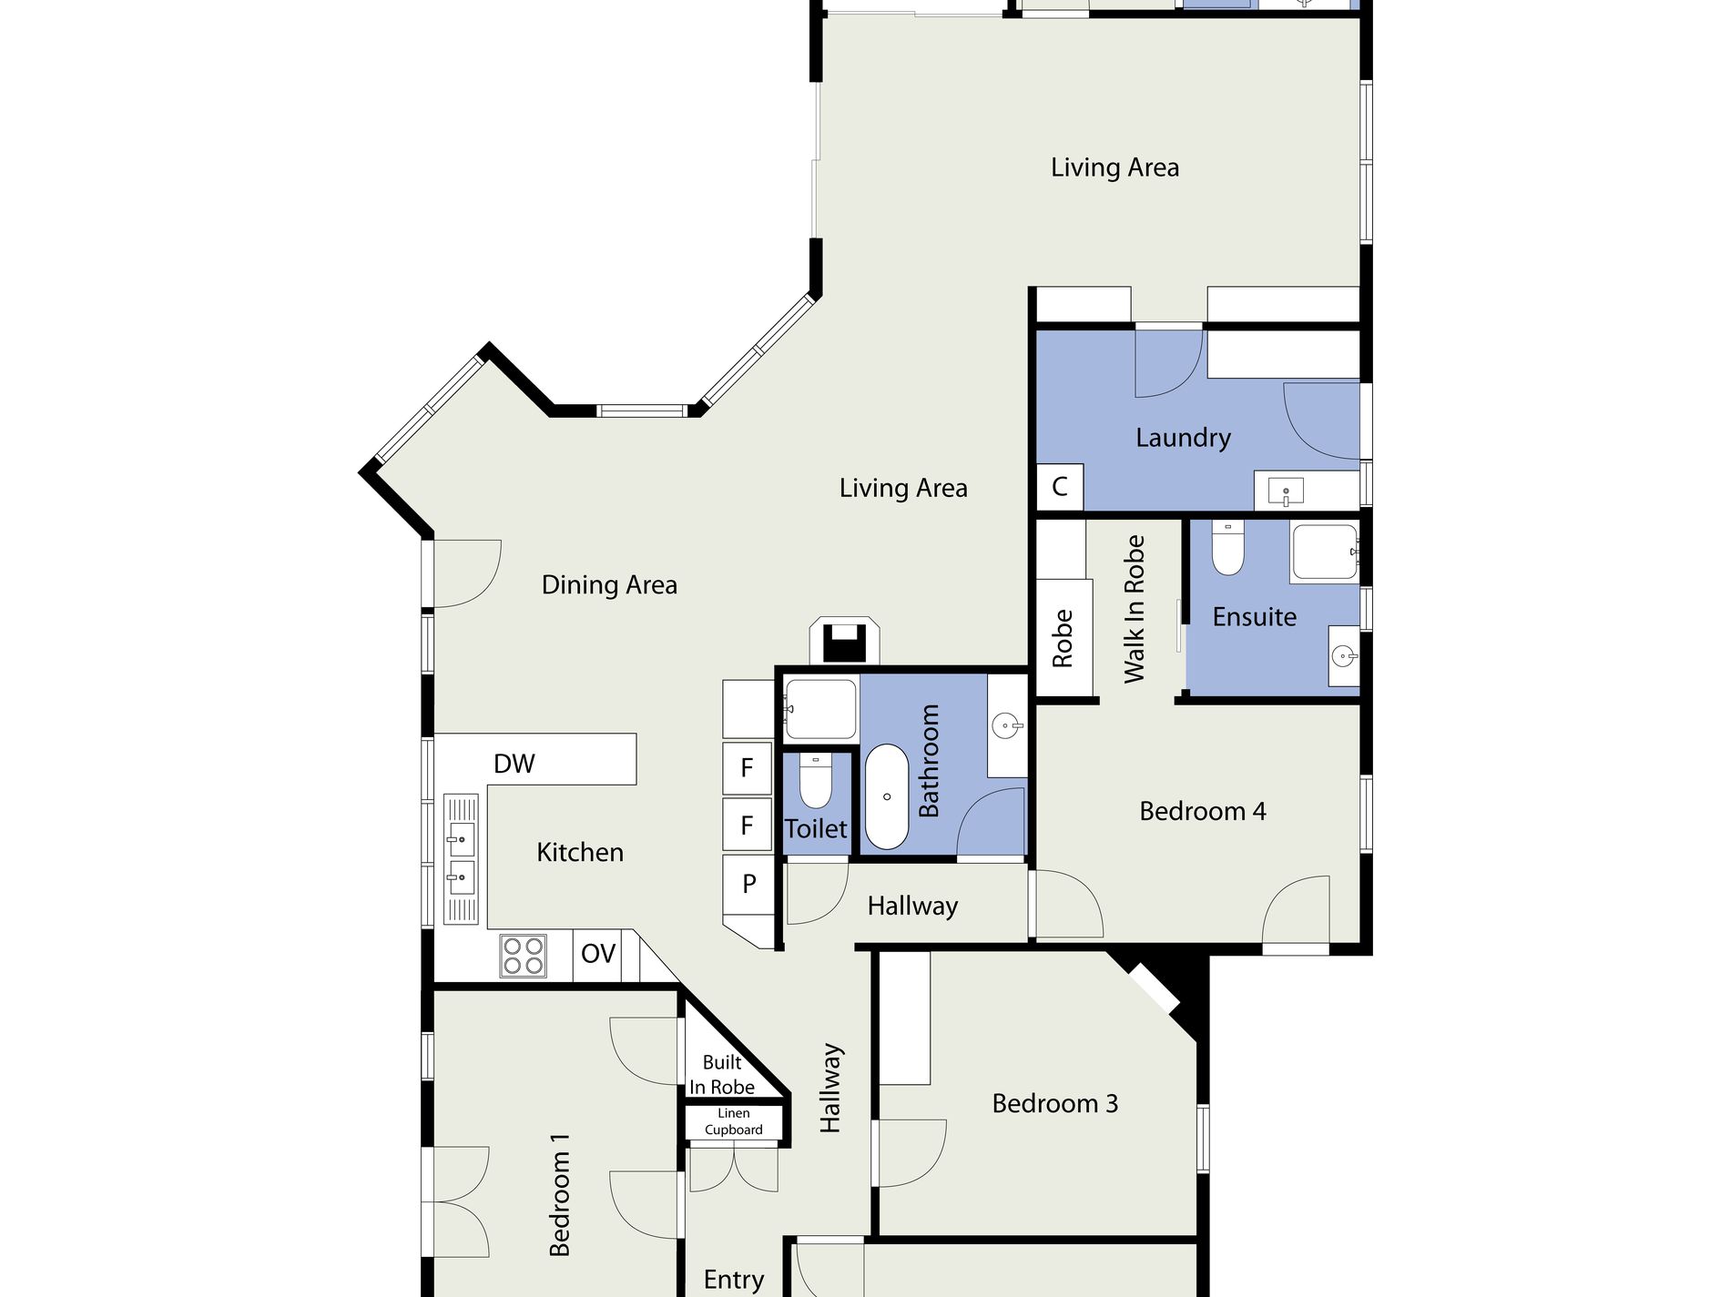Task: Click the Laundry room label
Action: click(1183, 438)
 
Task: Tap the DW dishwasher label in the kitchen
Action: click(514, 764)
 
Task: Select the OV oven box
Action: click(598, 954)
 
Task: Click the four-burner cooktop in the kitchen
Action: click(523, 956)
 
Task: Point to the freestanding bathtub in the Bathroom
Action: click(886, 796)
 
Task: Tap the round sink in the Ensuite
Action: click(1344, 654)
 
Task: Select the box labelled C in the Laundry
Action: click(1060, 487)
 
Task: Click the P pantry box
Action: click(748, 883)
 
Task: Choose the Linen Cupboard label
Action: click(734, 1121)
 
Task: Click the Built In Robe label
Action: click(722, 1075)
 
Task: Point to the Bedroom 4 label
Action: click(1203, 811)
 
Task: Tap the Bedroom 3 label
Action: click(1055, 1103)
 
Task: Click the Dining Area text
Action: click(609, 584)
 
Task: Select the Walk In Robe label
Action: click(1134, 609)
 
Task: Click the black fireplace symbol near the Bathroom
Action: click(844, 643)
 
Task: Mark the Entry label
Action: click(734, 1280)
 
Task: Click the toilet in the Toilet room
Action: click(815, 781)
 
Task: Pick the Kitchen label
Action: click(580, 853)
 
